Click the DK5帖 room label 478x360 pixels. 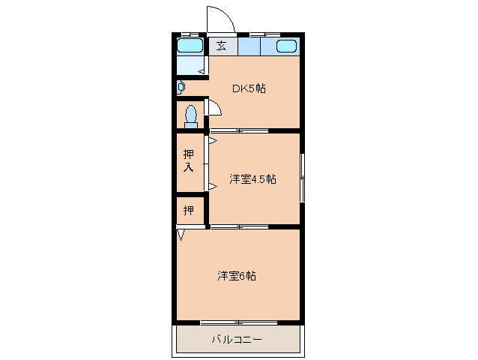tap(249, 88)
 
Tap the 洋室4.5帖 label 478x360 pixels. tap(252, 178)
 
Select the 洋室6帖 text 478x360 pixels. tap(237, 276)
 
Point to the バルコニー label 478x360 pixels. tap(237, 340)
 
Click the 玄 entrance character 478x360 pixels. tap(221, 46)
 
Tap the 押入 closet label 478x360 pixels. tap(188, 160)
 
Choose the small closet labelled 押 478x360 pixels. tap(189, 210)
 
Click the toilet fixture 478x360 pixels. tap(191, 116)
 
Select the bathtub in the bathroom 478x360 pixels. tap(190, 46)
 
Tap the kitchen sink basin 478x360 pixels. tap(286, 46)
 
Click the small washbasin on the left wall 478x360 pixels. tap(181, 88)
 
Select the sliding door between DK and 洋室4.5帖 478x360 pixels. tap(239, 131)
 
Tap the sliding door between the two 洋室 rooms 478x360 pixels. tap(240, 227)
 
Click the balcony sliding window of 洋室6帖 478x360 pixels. tap(239, 322)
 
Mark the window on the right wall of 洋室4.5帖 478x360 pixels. tap(302, 178)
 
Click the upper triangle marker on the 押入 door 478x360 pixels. tap(213, 141)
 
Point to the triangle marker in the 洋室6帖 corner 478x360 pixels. tap(181, 235)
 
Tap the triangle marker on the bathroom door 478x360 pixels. tap(202, 72)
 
